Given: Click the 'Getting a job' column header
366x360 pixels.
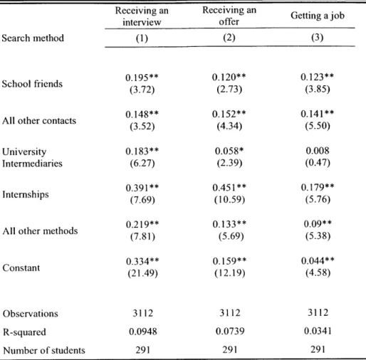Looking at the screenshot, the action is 318,16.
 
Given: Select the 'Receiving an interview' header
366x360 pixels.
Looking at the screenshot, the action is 142,16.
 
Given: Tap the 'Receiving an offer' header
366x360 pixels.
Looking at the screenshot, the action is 229,16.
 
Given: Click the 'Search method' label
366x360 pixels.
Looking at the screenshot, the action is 33,38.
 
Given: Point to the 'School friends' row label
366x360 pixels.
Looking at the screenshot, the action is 32,84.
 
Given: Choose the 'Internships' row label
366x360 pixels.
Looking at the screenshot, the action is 26,194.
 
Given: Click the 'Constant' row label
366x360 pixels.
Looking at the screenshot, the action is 21,268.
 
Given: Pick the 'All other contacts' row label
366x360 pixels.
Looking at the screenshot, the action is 39,120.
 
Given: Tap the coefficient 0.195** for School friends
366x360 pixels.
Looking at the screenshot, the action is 142,78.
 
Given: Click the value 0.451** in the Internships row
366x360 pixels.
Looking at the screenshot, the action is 229,188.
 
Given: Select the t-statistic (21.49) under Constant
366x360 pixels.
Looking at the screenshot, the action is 142,273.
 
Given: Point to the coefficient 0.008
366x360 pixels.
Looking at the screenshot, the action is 318,151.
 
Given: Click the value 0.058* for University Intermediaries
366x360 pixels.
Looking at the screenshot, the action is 229,151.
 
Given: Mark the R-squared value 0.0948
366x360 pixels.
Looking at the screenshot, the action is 143,332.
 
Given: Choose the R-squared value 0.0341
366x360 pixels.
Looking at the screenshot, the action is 318,331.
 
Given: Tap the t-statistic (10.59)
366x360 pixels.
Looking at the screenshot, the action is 229,199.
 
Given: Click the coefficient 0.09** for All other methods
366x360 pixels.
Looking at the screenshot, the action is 318,223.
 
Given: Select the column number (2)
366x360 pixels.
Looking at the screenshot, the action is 229,38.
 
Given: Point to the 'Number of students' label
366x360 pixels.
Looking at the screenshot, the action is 44,350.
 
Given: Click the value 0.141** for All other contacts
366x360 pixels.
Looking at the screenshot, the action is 318,114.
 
